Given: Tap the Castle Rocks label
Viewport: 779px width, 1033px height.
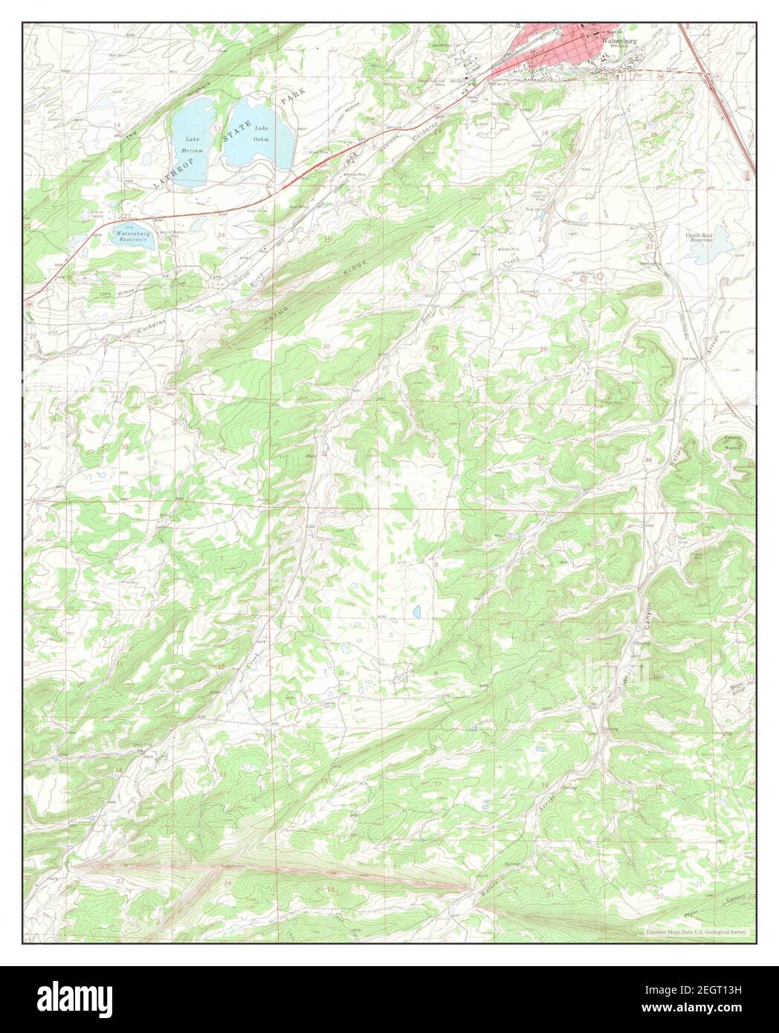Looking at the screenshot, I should click(x=736, y=444).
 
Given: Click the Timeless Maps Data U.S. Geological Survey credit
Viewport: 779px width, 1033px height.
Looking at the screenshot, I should click(x=697, y=931).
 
